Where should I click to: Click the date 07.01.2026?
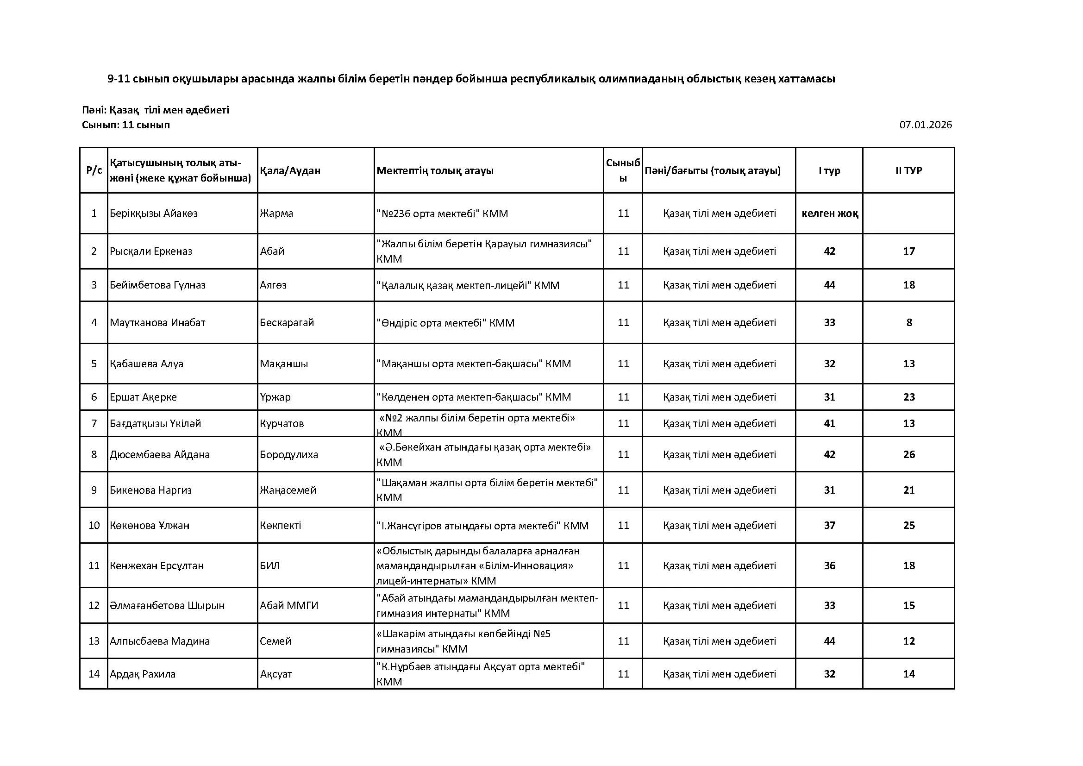click(x=925, y=125)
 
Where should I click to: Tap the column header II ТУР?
click(x=908, y=170)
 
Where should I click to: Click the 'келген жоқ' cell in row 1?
click(x=830, y=213)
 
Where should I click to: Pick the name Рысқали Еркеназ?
click(x=151, y=251)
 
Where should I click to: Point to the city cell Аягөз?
click(x=273, y=285)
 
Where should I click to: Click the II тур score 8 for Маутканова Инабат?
click(x=909, y=323)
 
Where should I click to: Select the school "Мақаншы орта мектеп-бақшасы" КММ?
click(x=474, y=364)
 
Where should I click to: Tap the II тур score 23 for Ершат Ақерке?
click(x=909, y=397)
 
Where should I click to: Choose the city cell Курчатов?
click(x=282, y=424)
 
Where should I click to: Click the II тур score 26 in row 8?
click(x=909, y=454)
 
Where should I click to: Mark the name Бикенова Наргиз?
click(x=151, y=490)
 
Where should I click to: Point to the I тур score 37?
click(x=829, y=526)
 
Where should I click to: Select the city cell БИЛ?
click(x=270, y=565)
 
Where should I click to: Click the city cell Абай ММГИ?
click(x=288, y=605)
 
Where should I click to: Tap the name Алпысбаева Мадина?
click(x=159, y=641)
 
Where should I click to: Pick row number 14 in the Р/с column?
click(x=94, y=674)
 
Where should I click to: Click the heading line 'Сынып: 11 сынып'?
click(x=125, y=125)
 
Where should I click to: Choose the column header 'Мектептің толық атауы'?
click(x=435, y=170)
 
